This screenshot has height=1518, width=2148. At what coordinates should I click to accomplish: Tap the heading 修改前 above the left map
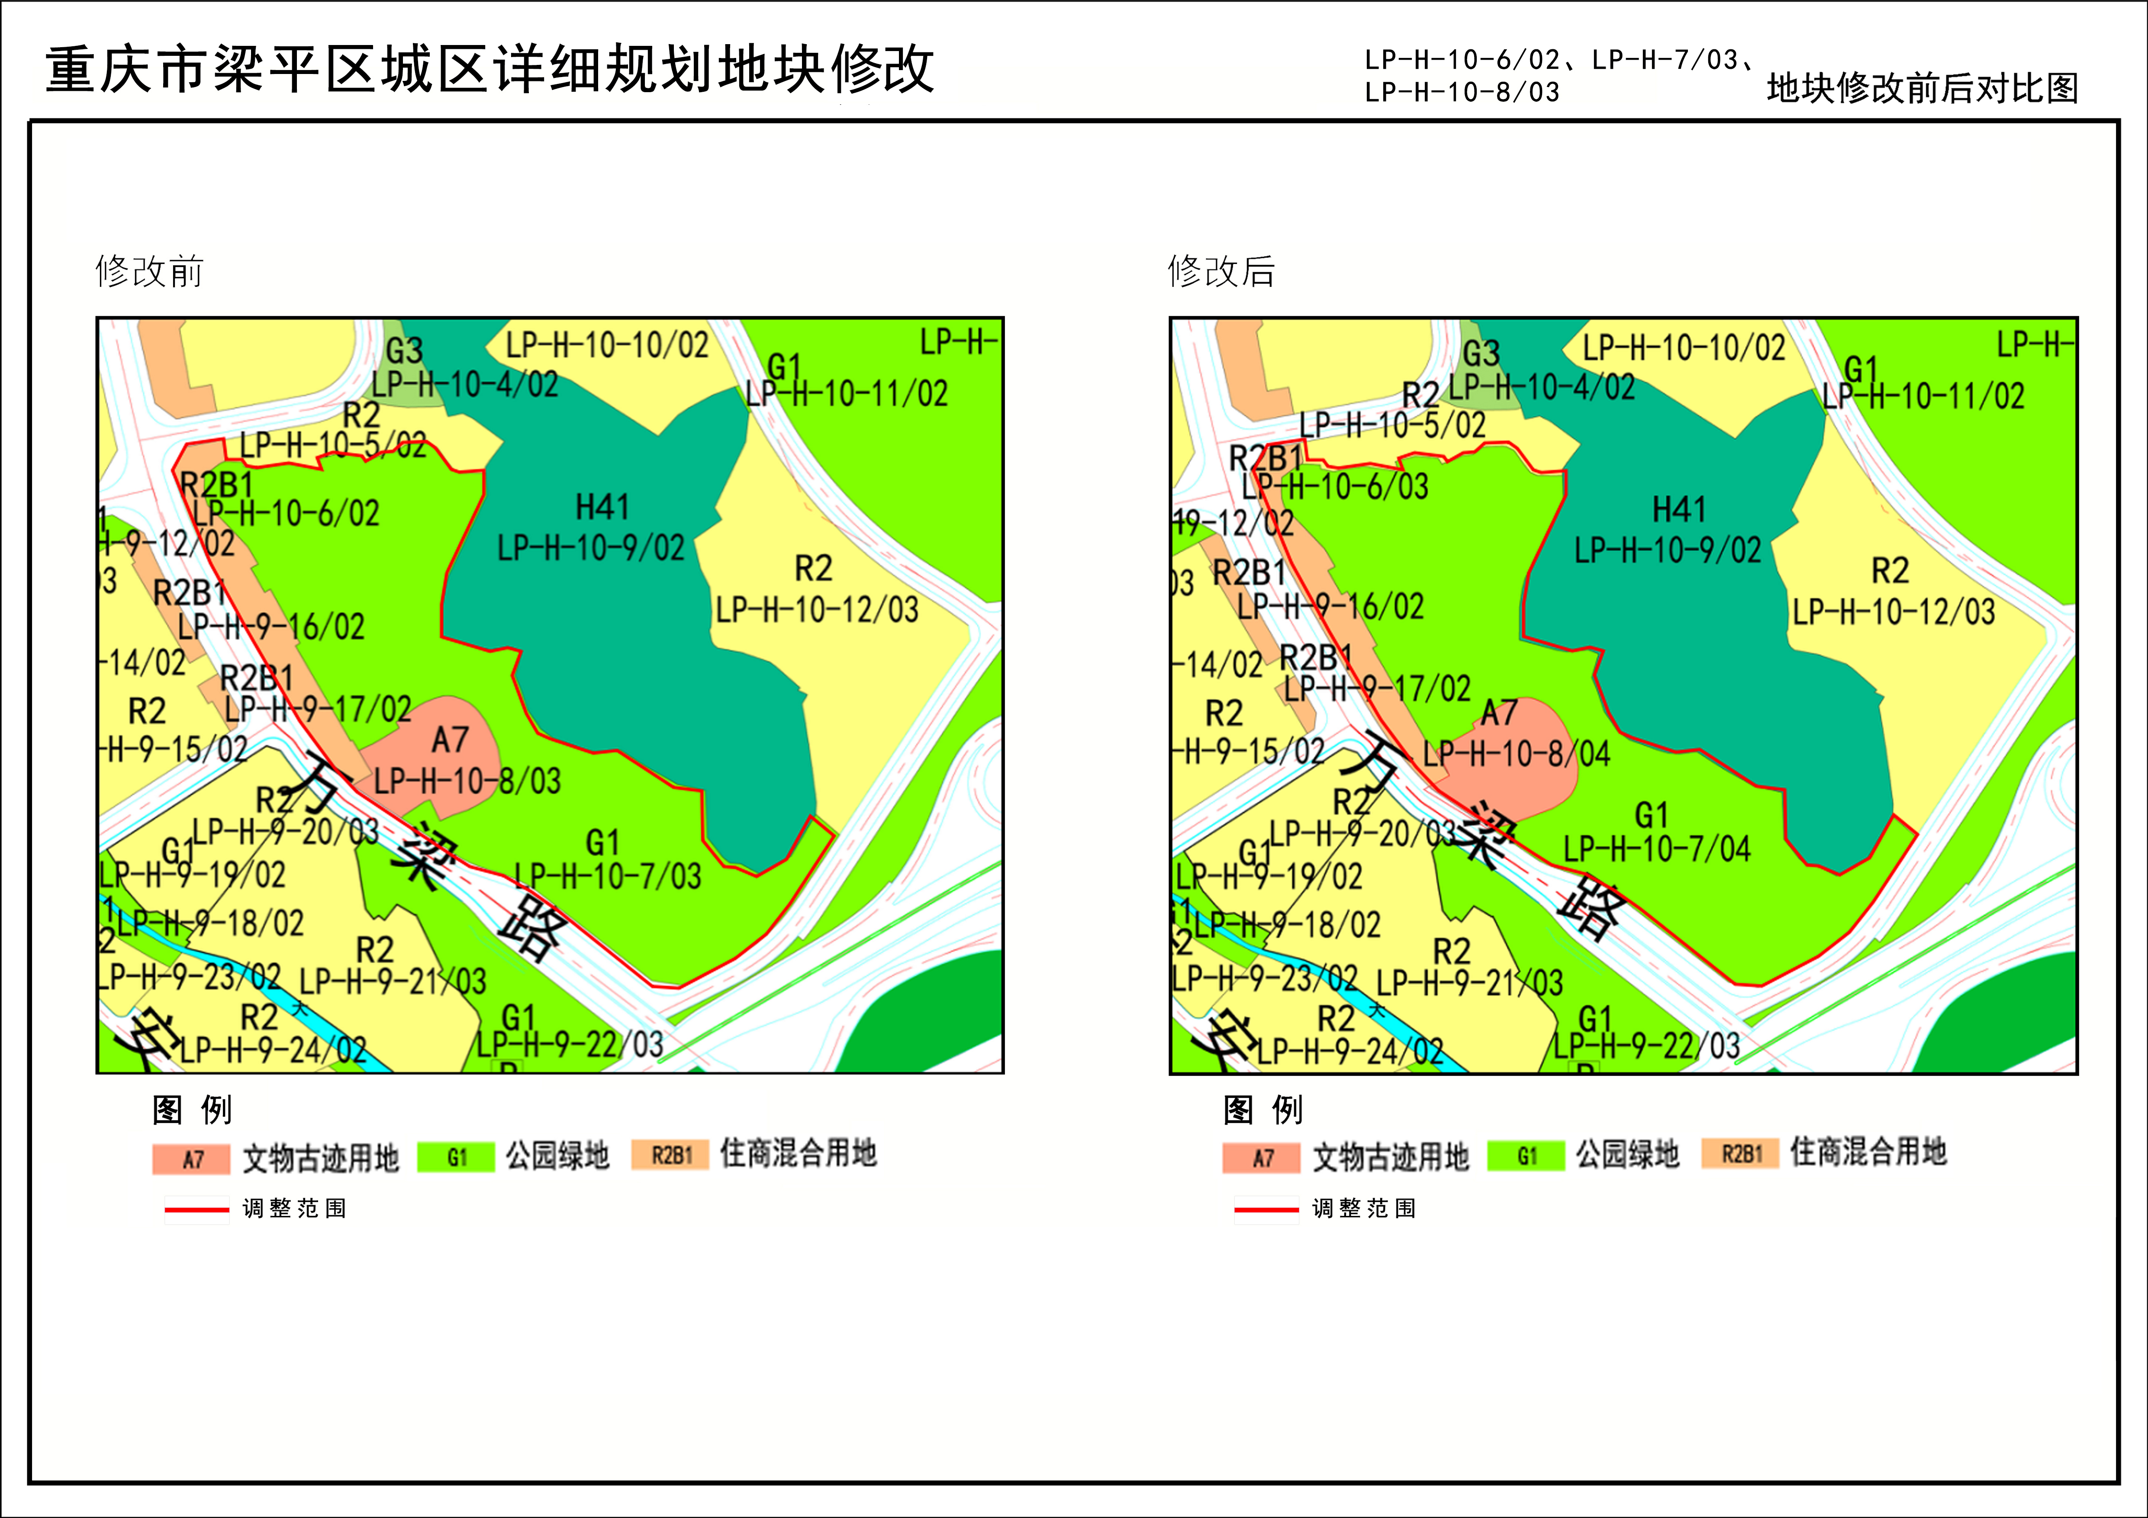point(150,271)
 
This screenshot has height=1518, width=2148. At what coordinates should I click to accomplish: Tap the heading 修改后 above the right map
point(1221,271)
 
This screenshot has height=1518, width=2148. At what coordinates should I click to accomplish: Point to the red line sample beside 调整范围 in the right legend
point(1266,1209)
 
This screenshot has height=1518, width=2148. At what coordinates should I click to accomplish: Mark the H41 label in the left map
point(602,507)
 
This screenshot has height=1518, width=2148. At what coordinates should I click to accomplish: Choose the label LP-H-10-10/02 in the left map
point(607,345)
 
